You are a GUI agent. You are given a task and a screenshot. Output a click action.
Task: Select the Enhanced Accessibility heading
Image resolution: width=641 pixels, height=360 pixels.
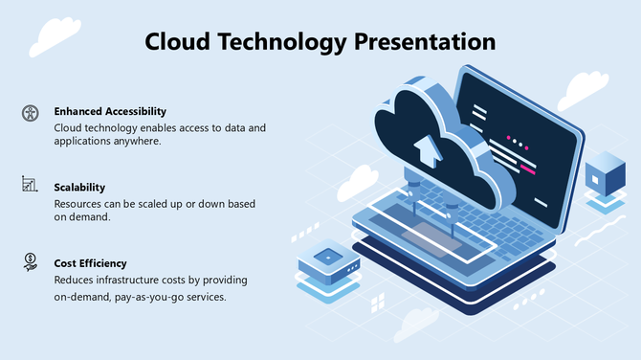tap(110, 111)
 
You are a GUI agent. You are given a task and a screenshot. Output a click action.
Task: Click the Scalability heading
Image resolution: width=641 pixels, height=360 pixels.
tap(79, 187)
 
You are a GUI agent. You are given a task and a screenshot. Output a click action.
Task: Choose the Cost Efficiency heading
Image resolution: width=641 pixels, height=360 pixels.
tap(90, 262)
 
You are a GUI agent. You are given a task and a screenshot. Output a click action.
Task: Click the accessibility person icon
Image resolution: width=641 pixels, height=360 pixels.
tap(30, 113)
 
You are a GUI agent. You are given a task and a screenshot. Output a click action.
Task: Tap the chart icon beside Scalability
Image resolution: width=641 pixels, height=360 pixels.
tap(30, 184)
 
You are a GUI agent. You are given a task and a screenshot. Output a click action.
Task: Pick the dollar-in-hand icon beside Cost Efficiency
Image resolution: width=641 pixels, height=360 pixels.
tap(30, 260)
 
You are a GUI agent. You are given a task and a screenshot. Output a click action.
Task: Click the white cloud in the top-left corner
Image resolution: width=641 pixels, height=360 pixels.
tap(55, 35)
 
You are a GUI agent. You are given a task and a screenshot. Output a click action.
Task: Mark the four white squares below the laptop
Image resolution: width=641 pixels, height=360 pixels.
tap(377, 303)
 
